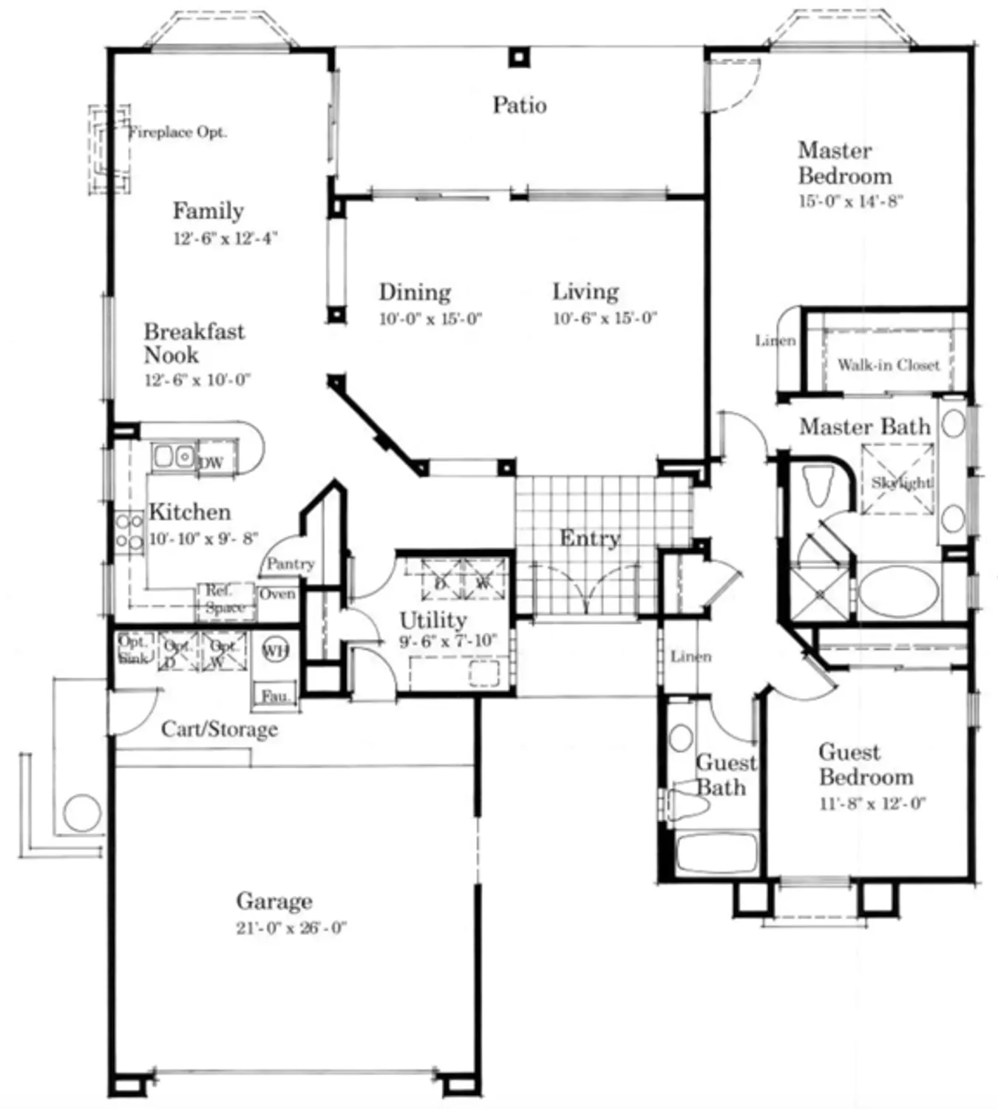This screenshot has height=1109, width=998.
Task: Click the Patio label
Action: [520, 106]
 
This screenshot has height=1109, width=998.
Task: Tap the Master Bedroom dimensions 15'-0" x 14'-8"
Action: [850, 201]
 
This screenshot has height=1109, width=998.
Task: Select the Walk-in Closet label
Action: [888, 364]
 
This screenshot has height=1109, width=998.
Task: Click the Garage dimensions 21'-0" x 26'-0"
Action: [291, 928]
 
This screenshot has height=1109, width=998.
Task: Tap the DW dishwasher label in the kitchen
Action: [211, 464]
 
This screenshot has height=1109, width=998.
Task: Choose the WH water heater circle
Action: [275, 651]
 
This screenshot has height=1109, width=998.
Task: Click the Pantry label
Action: [290, 563]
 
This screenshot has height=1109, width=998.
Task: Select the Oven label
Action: [277, 594]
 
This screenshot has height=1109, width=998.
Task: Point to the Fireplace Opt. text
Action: [177, 132]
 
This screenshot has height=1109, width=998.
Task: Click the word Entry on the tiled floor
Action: [589, 538]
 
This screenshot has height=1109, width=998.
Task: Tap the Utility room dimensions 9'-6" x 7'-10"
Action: [448, 641]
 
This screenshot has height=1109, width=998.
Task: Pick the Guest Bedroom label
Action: [866, 764]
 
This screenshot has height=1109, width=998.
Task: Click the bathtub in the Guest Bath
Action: [716, 852]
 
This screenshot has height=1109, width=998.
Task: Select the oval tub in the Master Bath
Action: [899, 592]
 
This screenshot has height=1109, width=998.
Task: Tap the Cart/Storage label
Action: [220, 730]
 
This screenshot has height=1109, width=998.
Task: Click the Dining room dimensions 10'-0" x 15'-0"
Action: [430, 319]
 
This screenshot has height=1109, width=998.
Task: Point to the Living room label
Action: [585, 291]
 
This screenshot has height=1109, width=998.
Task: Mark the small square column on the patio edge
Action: [520, 57]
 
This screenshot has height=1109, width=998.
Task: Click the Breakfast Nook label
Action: [193, 343]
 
